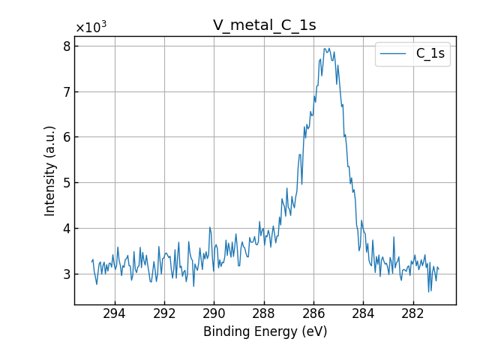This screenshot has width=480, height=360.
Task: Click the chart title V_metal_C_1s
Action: [x=264, y=25]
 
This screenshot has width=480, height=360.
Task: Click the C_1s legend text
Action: [x=430, y=54]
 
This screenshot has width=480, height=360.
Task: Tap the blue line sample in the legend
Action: [x=394, y=54]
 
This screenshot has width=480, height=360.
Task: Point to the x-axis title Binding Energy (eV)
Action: [x=265, y=331]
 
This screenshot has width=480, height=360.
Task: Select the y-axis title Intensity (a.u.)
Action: [x=50, y=171]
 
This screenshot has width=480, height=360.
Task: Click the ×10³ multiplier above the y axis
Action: [x=91, y=28]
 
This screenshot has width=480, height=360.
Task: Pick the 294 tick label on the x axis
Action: [x=115, y=313]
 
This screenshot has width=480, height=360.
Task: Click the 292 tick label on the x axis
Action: [x=164, y=313]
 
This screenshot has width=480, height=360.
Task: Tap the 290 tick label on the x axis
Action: [x=214, y=313]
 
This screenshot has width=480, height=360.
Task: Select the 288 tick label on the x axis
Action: [x=263, y=313]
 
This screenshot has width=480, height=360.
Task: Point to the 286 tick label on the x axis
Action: [x=313, y=313]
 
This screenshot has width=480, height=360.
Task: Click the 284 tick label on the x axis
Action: [x=363, y=313]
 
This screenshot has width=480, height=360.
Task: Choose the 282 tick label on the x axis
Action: [x=412, y=313]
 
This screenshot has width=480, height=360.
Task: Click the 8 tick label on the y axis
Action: [x=67, y=46]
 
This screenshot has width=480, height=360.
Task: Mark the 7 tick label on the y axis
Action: [x=67, y=92]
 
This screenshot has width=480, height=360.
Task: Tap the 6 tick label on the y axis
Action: [x=67, y=137]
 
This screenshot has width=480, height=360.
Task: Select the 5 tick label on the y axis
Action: [x=67, y=183]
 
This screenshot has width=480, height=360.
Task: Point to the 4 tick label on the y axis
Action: [x=67, y=229]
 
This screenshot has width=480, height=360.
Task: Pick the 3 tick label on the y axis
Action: [x=67, y=274]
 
